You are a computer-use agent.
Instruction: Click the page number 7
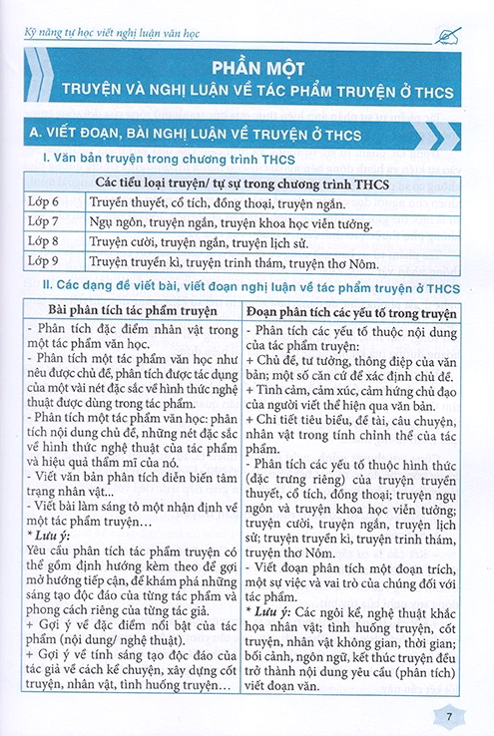tap(448, 715)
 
